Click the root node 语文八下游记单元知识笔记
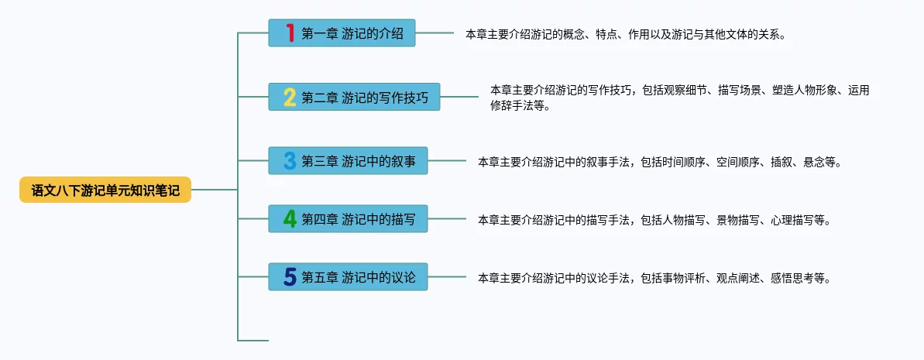pyautogui.click(x=105, y=190)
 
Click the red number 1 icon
pyautogui.click(x=290, y=33)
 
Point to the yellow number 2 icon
pyautogui.click(x=290, y=98)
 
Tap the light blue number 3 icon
pyautogui.click(x=290, y=162)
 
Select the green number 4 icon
pyautogui.click(x=290, y=220)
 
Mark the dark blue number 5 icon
pyautogui.click(x=290, y=277)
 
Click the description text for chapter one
pyautogui.click(x=626, y=35)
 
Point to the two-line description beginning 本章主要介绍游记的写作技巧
pyautogui.click(x=679, y=98)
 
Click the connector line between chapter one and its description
pyautogui.click(x=435, y=33)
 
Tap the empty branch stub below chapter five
pyautogui.click(x=253, y=340)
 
